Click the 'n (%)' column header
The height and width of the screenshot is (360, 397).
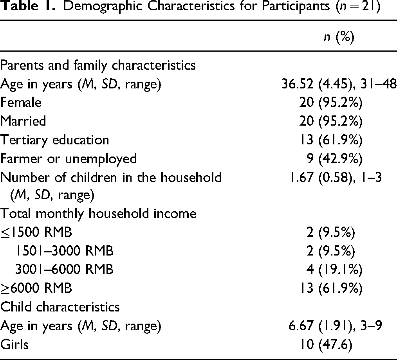tap(339, 37)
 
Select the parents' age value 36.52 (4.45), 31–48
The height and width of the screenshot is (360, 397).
tap(339, 84)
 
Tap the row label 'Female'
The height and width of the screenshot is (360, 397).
tap(21, 103)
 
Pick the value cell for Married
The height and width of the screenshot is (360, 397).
tap(331, 121)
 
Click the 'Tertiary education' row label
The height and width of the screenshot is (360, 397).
tap(55, 140)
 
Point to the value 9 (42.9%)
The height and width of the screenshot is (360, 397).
tap(334, 158)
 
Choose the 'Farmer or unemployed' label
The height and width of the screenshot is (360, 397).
tap(69, 159)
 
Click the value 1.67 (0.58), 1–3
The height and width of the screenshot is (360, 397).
tap(335, 177)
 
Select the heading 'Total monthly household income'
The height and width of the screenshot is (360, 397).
tap(98, 214)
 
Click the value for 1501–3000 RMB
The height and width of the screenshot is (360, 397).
tap(331, 251)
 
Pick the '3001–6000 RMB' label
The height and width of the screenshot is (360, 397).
tap(64, 269)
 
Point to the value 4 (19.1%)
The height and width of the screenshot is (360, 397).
tap(334, 270)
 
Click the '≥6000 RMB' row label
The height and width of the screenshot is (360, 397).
tap(36, 288)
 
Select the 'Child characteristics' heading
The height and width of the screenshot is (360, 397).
tap(60, 307)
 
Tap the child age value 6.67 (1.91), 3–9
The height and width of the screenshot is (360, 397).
tap(335, 326)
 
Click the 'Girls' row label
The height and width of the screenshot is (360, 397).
tap(14, 344)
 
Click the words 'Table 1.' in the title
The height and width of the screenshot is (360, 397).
tap(28, 6)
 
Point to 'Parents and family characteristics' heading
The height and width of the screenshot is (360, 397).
tap(98, 65)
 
